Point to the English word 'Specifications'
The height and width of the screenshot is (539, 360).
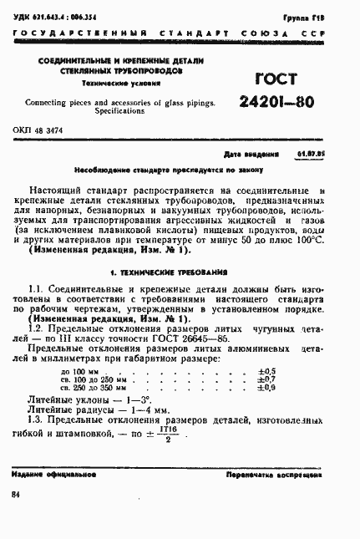coord(119,109)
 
